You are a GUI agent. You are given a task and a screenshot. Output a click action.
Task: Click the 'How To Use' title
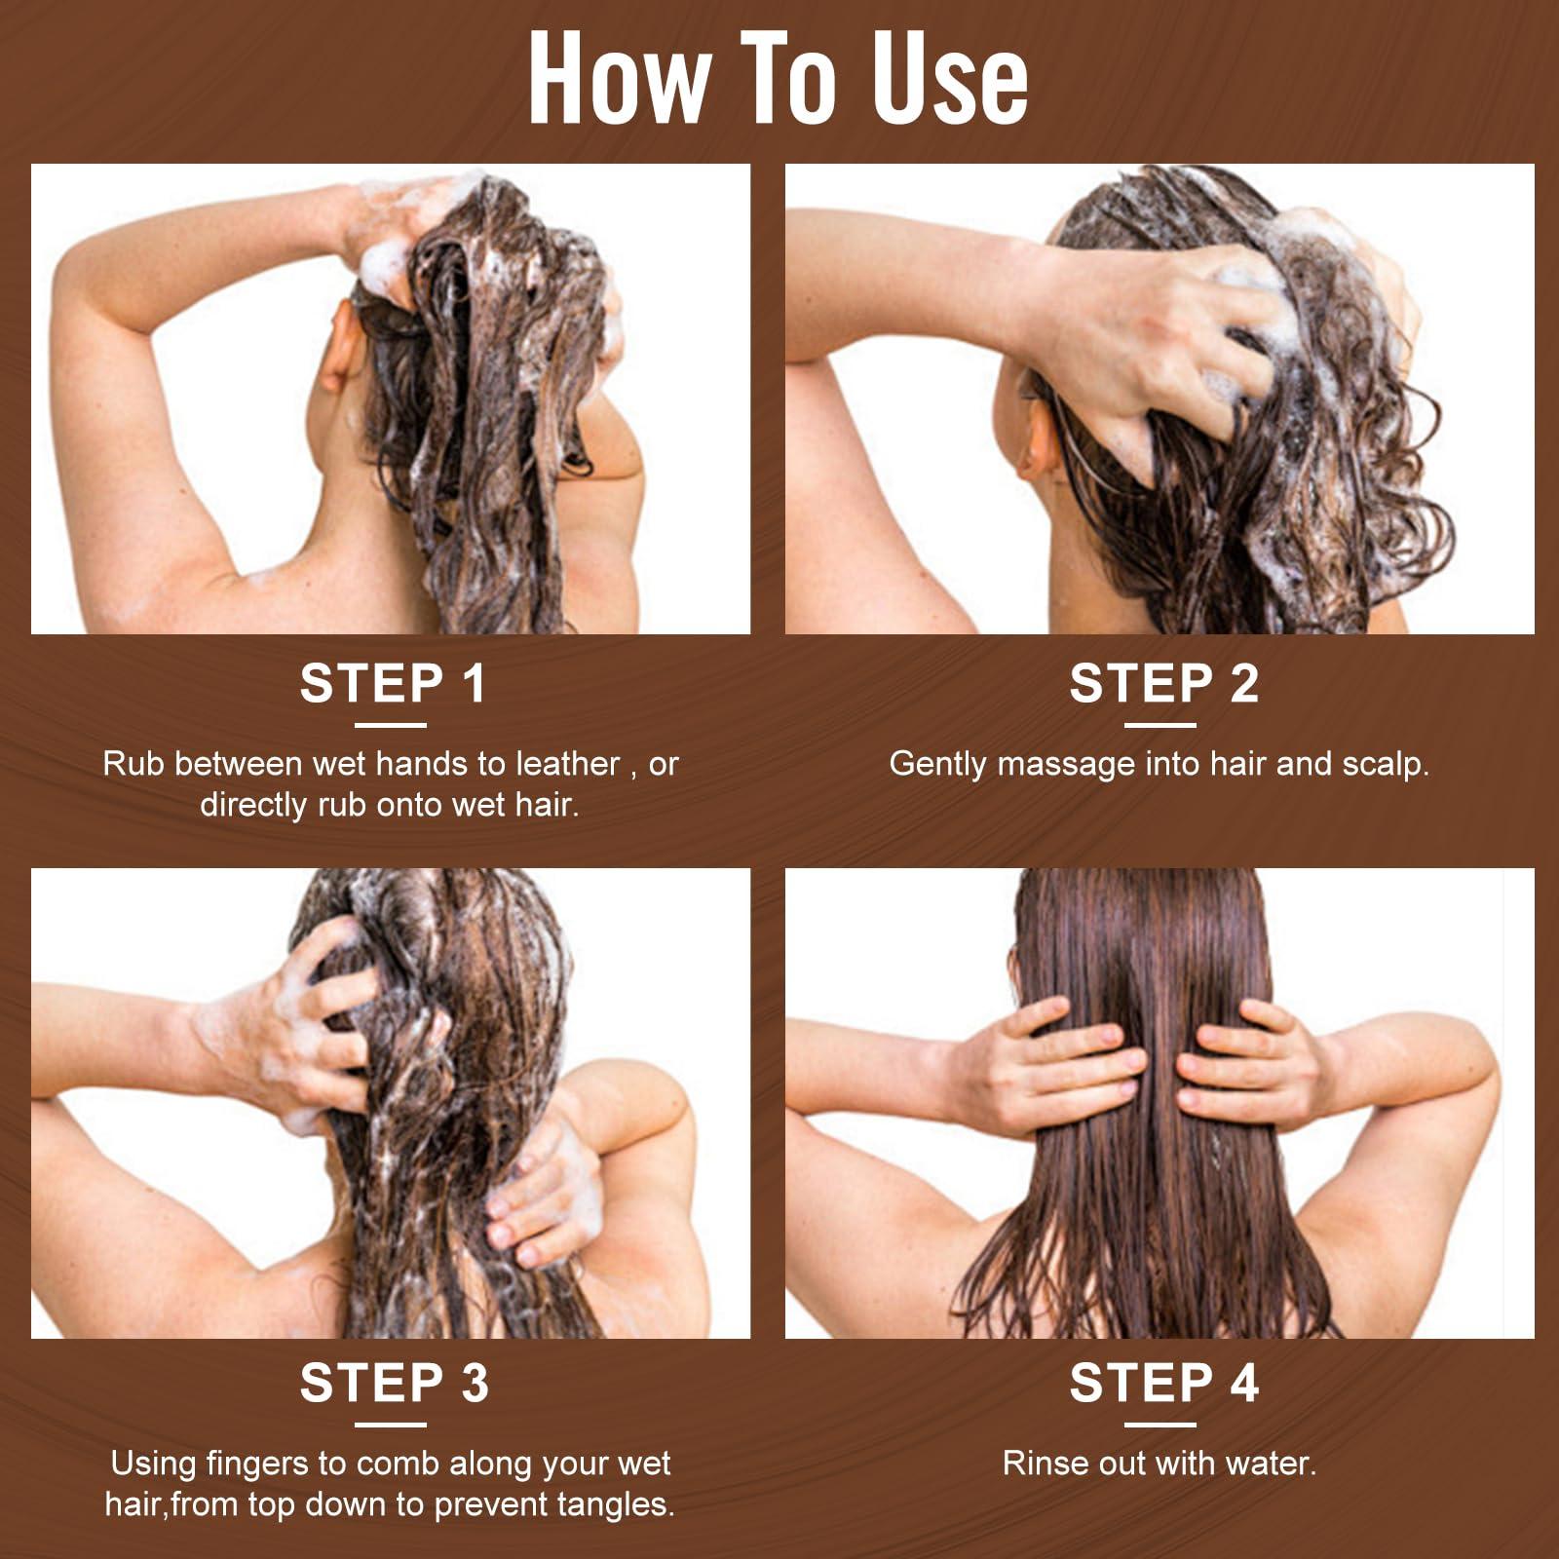click(x=779, y=78)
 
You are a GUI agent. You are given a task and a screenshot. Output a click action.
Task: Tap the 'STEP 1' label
click(x=393, y=683)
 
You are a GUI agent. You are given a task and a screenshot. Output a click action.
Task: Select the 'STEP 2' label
click(x=1164, y=683)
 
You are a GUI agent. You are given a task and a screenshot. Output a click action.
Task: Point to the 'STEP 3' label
click(x=394, y=1383)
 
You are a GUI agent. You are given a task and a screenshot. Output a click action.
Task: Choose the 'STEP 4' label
click(x=1164, y=1383)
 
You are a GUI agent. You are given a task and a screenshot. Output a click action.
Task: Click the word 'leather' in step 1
click(x=568, y=764)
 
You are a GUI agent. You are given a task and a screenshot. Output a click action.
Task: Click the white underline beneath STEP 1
click(x=391, y=725)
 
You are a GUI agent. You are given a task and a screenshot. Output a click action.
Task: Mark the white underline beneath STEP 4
click(x=1160, y=1425)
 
